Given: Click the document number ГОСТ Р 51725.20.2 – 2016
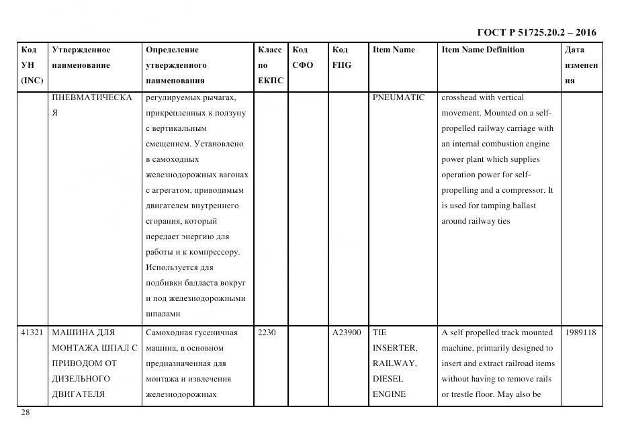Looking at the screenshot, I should click(x=536, y=32).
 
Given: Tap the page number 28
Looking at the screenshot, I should click(x=26, y=412).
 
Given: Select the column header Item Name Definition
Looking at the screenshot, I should click(x=482, y=50).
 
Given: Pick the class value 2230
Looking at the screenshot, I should click(x=267, y=332).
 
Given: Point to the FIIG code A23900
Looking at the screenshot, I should click(x=347, y=332).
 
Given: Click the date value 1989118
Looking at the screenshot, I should click(x=580, y=332).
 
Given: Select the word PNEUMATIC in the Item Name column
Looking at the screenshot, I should click(x=398, y=97).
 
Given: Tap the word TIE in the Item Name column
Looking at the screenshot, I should click(x=379, y=332).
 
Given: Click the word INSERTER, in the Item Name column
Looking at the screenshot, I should click(x=394, y=348).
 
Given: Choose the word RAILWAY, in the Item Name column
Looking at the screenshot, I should click(x=394, y=363).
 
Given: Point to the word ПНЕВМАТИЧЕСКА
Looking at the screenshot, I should click(x=91, y=97).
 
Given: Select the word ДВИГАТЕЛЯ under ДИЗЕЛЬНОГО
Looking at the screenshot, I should click(x=78, y=394).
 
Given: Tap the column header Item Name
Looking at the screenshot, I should click(x=394, y=50).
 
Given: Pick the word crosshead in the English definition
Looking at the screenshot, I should click(x=463, y=97).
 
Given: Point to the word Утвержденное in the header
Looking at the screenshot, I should click(x=81, y=50).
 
